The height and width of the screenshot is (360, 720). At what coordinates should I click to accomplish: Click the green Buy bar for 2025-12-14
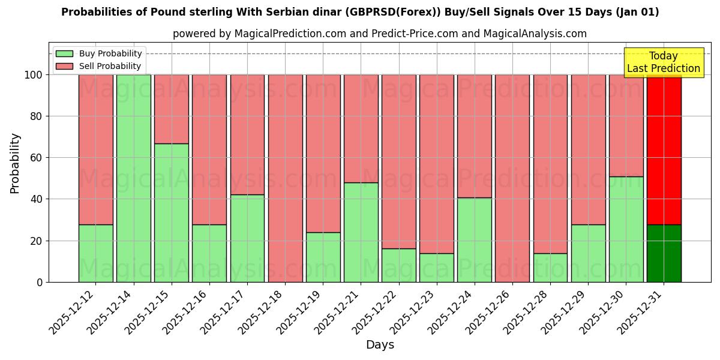coord(133,178)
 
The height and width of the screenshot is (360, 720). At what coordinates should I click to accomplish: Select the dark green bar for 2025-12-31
coord(664,253)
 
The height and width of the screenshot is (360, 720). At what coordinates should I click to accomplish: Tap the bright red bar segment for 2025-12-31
coord(664,150)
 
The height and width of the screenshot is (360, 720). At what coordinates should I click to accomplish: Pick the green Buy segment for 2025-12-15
coord(171,212)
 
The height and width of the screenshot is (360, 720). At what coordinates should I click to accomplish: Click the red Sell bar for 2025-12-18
coord(285,178)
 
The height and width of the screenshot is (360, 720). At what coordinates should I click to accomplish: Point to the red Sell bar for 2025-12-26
coord(512,178)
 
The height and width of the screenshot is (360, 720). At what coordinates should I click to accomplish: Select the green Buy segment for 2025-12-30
coord(626,229)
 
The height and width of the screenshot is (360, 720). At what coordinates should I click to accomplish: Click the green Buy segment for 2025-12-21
coord(361,232)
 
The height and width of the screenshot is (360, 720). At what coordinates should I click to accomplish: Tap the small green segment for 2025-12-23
coord(437,268)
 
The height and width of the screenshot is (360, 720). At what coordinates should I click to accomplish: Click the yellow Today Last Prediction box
coord(664,62)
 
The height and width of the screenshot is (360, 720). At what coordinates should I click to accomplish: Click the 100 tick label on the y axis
coord(34,75)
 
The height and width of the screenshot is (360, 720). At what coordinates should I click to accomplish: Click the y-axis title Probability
coord(15,163)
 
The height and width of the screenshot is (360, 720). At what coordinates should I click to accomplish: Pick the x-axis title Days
coord(380,345)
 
